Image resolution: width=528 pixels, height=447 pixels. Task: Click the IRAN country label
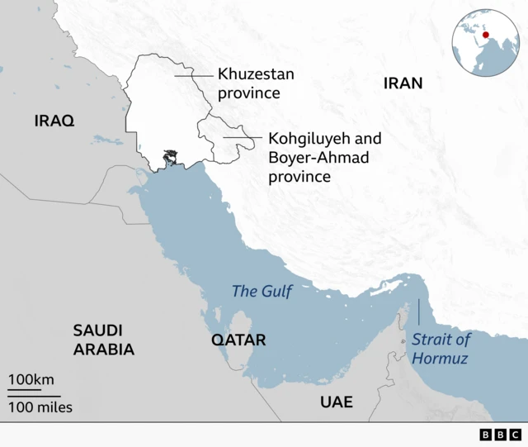[x=403, y=83]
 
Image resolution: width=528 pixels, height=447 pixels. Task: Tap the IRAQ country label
[x=54, y=121]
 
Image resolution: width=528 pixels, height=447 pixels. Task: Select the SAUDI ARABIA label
[x=103, y=340]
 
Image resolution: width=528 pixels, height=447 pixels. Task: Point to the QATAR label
[x=238, y=340]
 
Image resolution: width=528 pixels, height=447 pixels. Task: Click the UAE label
[x=337, y=402]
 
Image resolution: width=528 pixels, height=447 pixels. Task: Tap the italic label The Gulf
[x=262, y=291]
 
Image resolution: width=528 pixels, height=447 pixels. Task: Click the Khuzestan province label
[x=256, y=83]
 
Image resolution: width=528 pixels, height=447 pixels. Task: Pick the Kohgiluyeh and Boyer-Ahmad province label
[x=324, y=157]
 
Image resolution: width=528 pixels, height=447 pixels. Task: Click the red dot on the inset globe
[x=486, y=34]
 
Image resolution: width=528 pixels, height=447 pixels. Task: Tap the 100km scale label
[x=31, y=380]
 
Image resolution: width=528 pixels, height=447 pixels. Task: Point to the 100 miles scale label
[x=40, y=407]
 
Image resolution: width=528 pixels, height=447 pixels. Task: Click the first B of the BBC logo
[x=485, y=435]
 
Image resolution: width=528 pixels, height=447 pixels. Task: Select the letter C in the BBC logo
[x=515, y=435]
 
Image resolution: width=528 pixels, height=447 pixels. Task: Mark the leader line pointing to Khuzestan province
[x=193, y=74]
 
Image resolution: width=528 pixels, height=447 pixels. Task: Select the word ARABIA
[x=103, y=350]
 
